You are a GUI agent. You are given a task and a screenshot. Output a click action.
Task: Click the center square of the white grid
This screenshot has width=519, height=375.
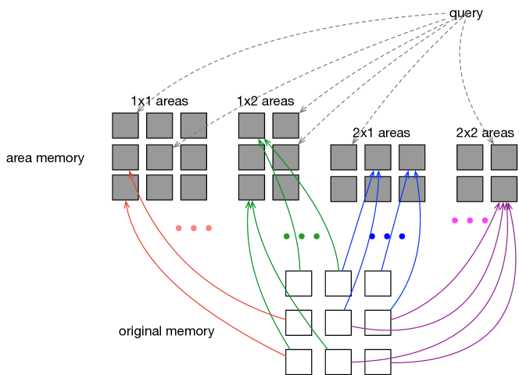[338, 323]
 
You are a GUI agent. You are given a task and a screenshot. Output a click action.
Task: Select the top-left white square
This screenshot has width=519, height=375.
[299, 283]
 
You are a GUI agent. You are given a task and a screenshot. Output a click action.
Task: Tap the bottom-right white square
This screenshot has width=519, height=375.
[378, 362]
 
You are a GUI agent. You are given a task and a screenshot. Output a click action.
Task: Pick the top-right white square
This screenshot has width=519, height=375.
[378, 283]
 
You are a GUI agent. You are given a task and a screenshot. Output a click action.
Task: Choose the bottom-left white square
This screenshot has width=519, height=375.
[299, 362]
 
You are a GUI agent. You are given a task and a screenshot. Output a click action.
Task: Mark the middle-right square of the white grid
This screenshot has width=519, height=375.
[378, 323]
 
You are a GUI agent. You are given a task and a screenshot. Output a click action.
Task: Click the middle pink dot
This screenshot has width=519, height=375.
[194, 229]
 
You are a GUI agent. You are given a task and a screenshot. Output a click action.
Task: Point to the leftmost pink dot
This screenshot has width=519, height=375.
[179, 229]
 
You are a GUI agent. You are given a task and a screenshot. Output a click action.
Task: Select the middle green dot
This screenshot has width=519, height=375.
[302, 236]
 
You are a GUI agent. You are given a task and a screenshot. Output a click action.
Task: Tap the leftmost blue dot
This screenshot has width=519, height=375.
[372, 236]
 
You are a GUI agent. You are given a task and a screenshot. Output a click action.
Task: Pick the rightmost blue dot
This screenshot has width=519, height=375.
[402, 236]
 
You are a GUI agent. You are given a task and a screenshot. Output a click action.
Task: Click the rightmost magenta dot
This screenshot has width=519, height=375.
[485, 221]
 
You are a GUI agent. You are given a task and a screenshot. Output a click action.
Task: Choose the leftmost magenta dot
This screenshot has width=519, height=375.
[455, 221]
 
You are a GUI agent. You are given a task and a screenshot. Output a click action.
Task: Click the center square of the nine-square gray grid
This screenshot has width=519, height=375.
[159, 157]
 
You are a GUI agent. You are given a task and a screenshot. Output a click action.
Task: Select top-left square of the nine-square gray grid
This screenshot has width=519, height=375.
[125, 125]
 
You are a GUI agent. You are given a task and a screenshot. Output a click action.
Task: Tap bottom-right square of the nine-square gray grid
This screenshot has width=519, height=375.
[194, 187]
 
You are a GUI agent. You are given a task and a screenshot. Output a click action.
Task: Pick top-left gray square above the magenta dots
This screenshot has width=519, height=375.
[470, 157]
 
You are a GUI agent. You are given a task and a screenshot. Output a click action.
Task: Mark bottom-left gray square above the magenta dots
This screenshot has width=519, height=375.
[470, 189]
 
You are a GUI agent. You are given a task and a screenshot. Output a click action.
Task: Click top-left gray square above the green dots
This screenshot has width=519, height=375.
[252, 125]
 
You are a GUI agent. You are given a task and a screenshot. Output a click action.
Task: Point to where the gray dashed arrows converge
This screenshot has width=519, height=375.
[467, 13]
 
